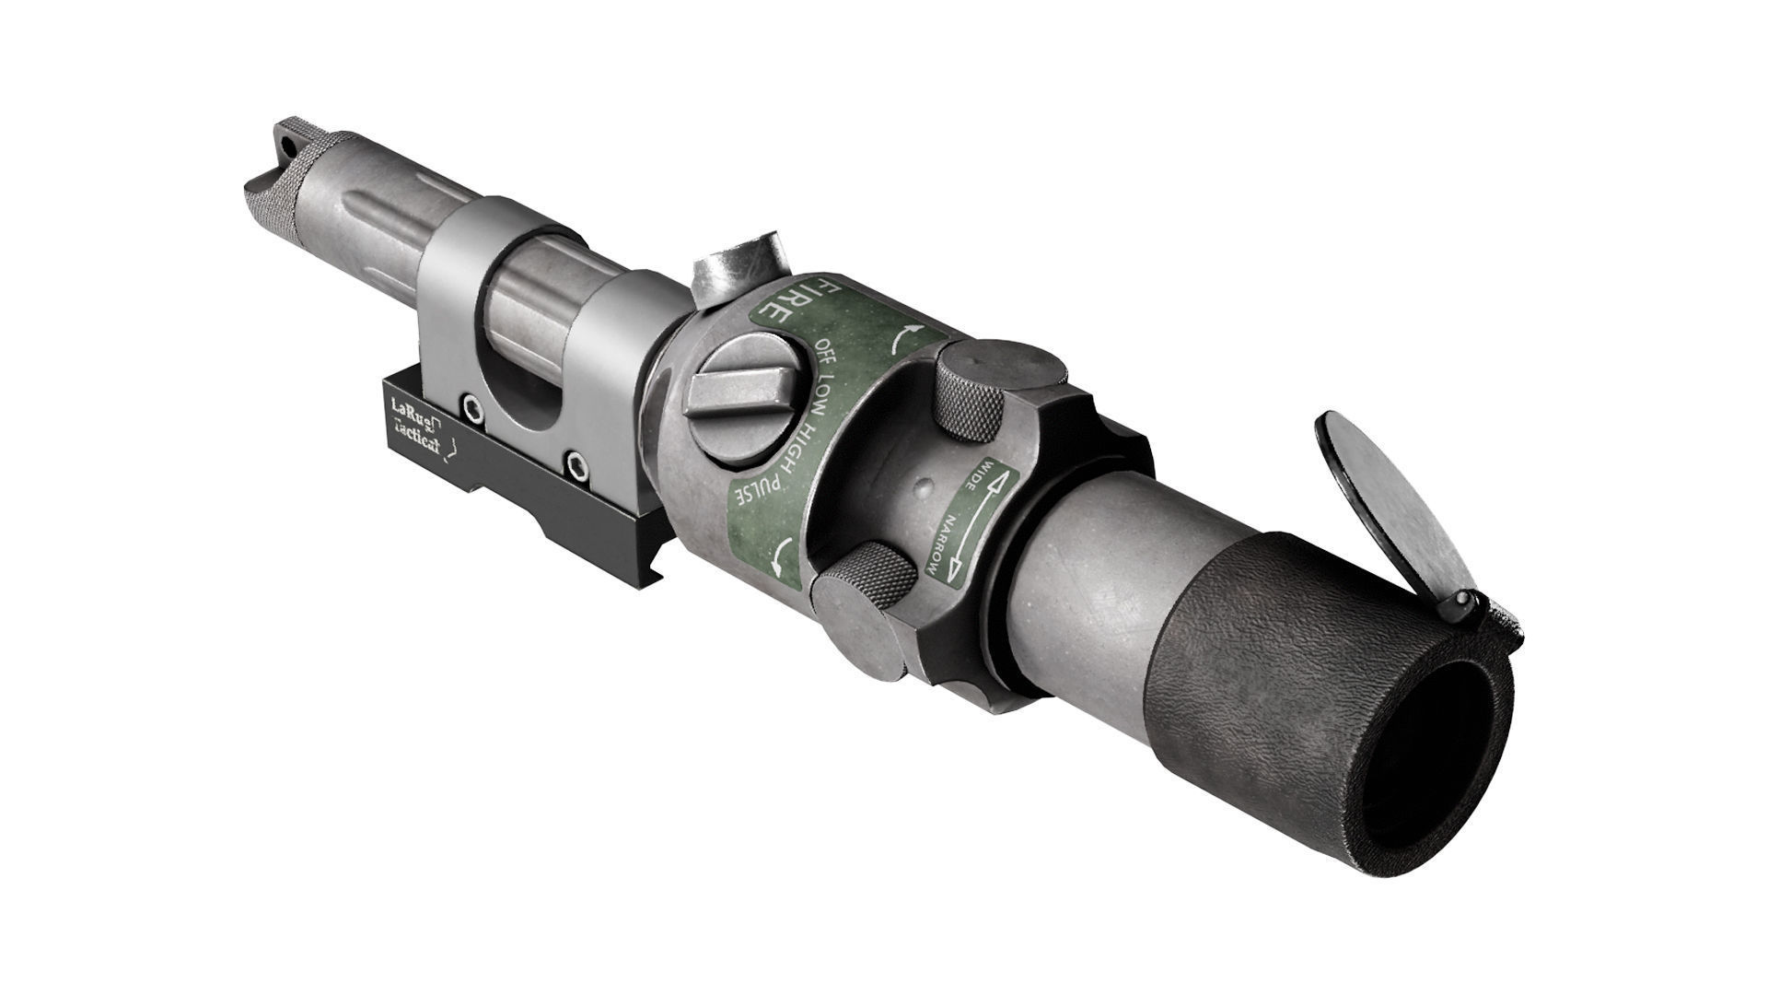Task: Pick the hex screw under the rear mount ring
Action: pyautogui.click(x=576, y=465)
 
